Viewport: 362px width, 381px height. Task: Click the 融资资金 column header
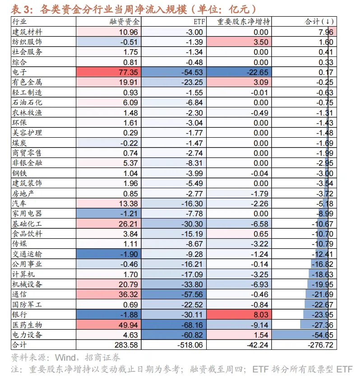pyautogui.click(x=124, y=22)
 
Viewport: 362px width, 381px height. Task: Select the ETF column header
pyautogui.click(x=199, y=22)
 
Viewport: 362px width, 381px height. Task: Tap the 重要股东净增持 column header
pyautogui.click(x=243, y=22)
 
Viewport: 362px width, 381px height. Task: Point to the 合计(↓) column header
pyautogui.click(x=319, y=22)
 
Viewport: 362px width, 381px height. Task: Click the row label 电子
pyautogui.click(x=19, y=72)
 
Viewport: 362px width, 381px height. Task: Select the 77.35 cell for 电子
pyautogui.click(x=128, y=72)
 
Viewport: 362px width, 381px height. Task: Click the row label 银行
pyautogui.click(x=19, y=315)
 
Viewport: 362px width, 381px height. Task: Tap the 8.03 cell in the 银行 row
pyautogui.click(x=261, y=315)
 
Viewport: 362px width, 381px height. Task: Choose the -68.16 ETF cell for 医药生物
pyautogui.click(x=192, y=325)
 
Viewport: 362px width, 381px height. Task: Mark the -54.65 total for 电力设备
pyautogui.click(x=322, y=335)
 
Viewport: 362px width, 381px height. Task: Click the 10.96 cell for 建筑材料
pyautogui.click(x=128, y=32)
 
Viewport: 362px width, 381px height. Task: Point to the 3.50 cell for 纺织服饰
pyautogui.click(x=261, y=42)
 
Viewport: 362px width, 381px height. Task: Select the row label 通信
pyautogui.click(x=19, y=294)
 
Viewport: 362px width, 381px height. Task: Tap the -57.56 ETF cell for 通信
pyautogui.click(x=192, y=294)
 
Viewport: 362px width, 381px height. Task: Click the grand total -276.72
pyautogui.click(x=320, y=345)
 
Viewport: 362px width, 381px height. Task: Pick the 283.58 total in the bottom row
pyautogui.click(x=126, y=345)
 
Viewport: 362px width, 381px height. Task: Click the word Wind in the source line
pyautogui.click(x=65, y=358)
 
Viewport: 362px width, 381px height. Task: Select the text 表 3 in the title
pyautogui.click(x=22, y=9)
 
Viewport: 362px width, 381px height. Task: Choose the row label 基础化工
pyautogui.click(x=27, y=223)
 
